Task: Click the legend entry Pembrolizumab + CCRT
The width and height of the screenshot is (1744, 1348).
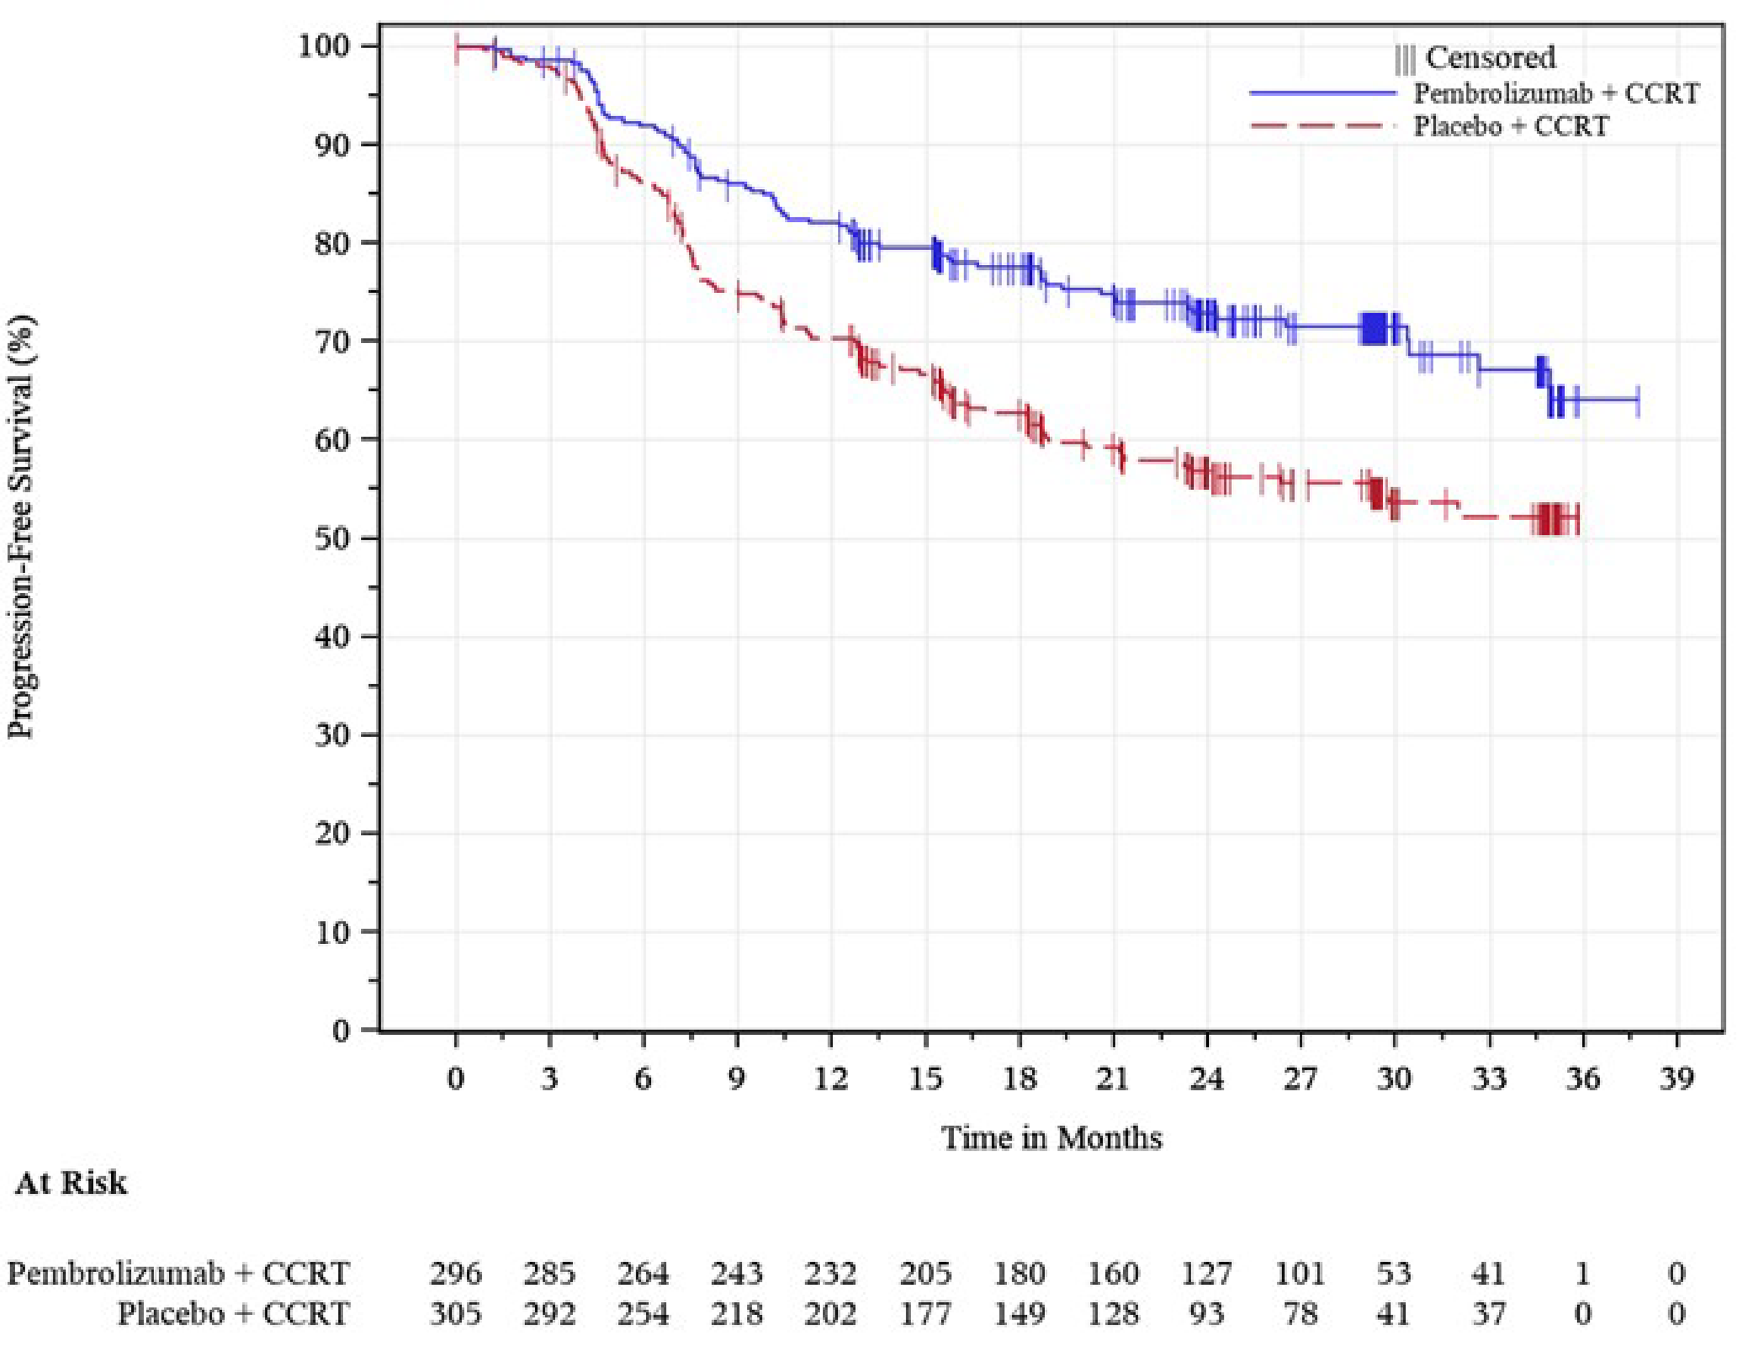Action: pos(1556,94)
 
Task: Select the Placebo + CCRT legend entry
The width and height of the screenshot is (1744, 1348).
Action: pos(1511,126)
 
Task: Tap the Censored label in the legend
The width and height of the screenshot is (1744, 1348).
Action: pos(1490,58)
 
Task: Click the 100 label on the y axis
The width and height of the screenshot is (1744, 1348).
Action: pos(323,46)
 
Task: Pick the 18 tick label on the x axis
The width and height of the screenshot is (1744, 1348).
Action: pos(1019,1079)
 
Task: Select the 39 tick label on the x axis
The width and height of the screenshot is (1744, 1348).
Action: pos(1676,1079)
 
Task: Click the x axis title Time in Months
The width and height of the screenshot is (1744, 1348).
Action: pos(1051,1137)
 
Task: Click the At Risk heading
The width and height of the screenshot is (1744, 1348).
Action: pos(70,1182)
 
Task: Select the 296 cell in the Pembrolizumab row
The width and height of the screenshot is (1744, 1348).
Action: pos(455,1273)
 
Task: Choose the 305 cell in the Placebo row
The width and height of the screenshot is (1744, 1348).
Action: pos(455,1314)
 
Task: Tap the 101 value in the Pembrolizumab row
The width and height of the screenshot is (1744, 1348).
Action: pos(1300,1273)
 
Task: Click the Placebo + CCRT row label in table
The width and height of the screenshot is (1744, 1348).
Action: pos(233,1314)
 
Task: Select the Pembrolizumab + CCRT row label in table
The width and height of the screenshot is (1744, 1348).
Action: pos(178,1273)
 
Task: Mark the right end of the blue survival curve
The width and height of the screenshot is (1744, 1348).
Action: pos(1638,399)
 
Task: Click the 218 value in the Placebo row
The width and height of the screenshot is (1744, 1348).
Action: pos(736,1314)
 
